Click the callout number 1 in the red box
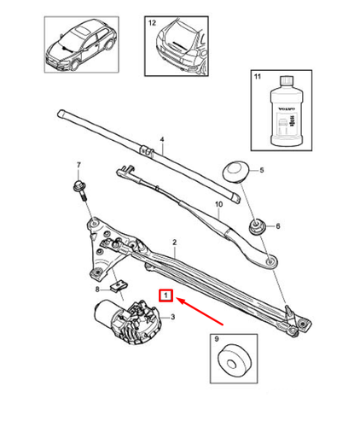click(168, 297)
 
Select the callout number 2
click(174, 244)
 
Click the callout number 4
click(161, 138)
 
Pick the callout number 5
click(262, 171)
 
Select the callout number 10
click(218, 204)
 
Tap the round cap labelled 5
click(234, 171)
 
